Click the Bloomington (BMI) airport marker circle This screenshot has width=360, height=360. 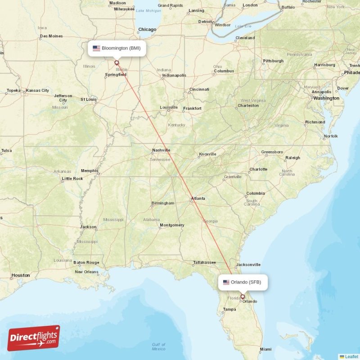coord(117,63)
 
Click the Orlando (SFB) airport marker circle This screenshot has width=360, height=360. coord(243,297)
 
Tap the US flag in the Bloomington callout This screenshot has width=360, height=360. coord(96,48)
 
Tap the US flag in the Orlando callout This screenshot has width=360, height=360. coord(226,283)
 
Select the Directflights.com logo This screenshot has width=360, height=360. coord(34,338)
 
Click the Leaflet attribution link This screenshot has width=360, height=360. coord(351,356)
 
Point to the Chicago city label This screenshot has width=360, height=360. coord(147,30)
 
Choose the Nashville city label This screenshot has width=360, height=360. coord(161,150)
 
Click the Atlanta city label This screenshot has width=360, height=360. coord(198,198)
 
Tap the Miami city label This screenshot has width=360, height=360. coord(265,349)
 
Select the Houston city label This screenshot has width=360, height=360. coord(21,275)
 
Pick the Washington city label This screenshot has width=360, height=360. coord(326,98)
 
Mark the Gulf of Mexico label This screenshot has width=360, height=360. coord(158,347)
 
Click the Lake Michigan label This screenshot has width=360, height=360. coord(148,10)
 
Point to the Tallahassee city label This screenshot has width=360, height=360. coord(205,262)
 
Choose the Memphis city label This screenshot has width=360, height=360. coord(90,171)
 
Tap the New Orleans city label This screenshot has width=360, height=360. coord(86,272)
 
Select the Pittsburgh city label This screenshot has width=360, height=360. coord(273,61)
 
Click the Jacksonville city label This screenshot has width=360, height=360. coord(248,265)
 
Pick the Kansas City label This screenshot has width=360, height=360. coord(38,90)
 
